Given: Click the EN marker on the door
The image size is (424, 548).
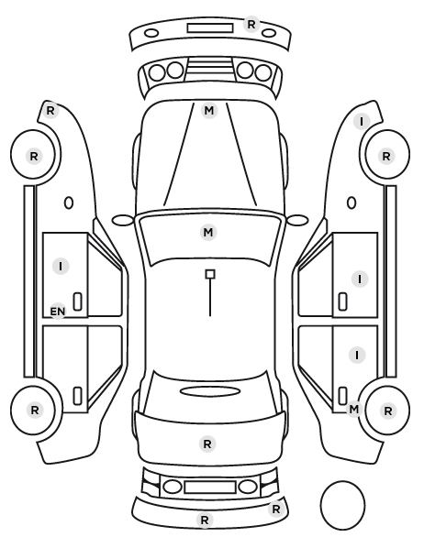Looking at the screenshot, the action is pos(58,311).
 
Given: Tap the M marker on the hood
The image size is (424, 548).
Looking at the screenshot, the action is pos(209,111).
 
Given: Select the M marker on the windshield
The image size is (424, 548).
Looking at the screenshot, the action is pos(208,232).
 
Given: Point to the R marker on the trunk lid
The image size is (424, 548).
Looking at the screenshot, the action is pos(207,444).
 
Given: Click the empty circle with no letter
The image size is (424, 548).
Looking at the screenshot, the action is pos(342,505).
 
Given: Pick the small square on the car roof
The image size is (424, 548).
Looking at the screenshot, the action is pos(210,274).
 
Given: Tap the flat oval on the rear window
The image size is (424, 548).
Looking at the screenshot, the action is pos(210,391).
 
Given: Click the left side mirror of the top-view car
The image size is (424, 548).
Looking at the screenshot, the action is pos(123,220).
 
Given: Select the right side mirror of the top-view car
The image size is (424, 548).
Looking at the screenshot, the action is pos(297,220).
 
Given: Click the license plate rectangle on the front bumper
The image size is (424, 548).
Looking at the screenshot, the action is pos(210,28).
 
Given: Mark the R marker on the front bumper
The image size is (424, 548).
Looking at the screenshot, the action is pos(251,25).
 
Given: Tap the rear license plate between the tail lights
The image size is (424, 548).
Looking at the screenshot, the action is pos(210,487).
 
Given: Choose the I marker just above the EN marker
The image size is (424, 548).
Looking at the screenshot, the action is pos(61,266).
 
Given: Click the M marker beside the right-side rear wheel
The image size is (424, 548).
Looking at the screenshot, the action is pos(354,409).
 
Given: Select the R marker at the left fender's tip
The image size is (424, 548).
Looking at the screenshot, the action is pos(50,111).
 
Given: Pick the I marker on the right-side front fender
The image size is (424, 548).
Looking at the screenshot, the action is pos(362,122).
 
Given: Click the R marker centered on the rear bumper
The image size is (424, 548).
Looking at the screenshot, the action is pos(205,520).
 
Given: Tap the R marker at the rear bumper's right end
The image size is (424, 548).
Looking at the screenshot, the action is pos(276,509).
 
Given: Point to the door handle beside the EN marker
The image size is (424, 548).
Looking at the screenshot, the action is pos(77,301).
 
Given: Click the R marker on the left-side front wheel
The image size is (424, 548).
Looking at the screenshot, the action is pos(34,156).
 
